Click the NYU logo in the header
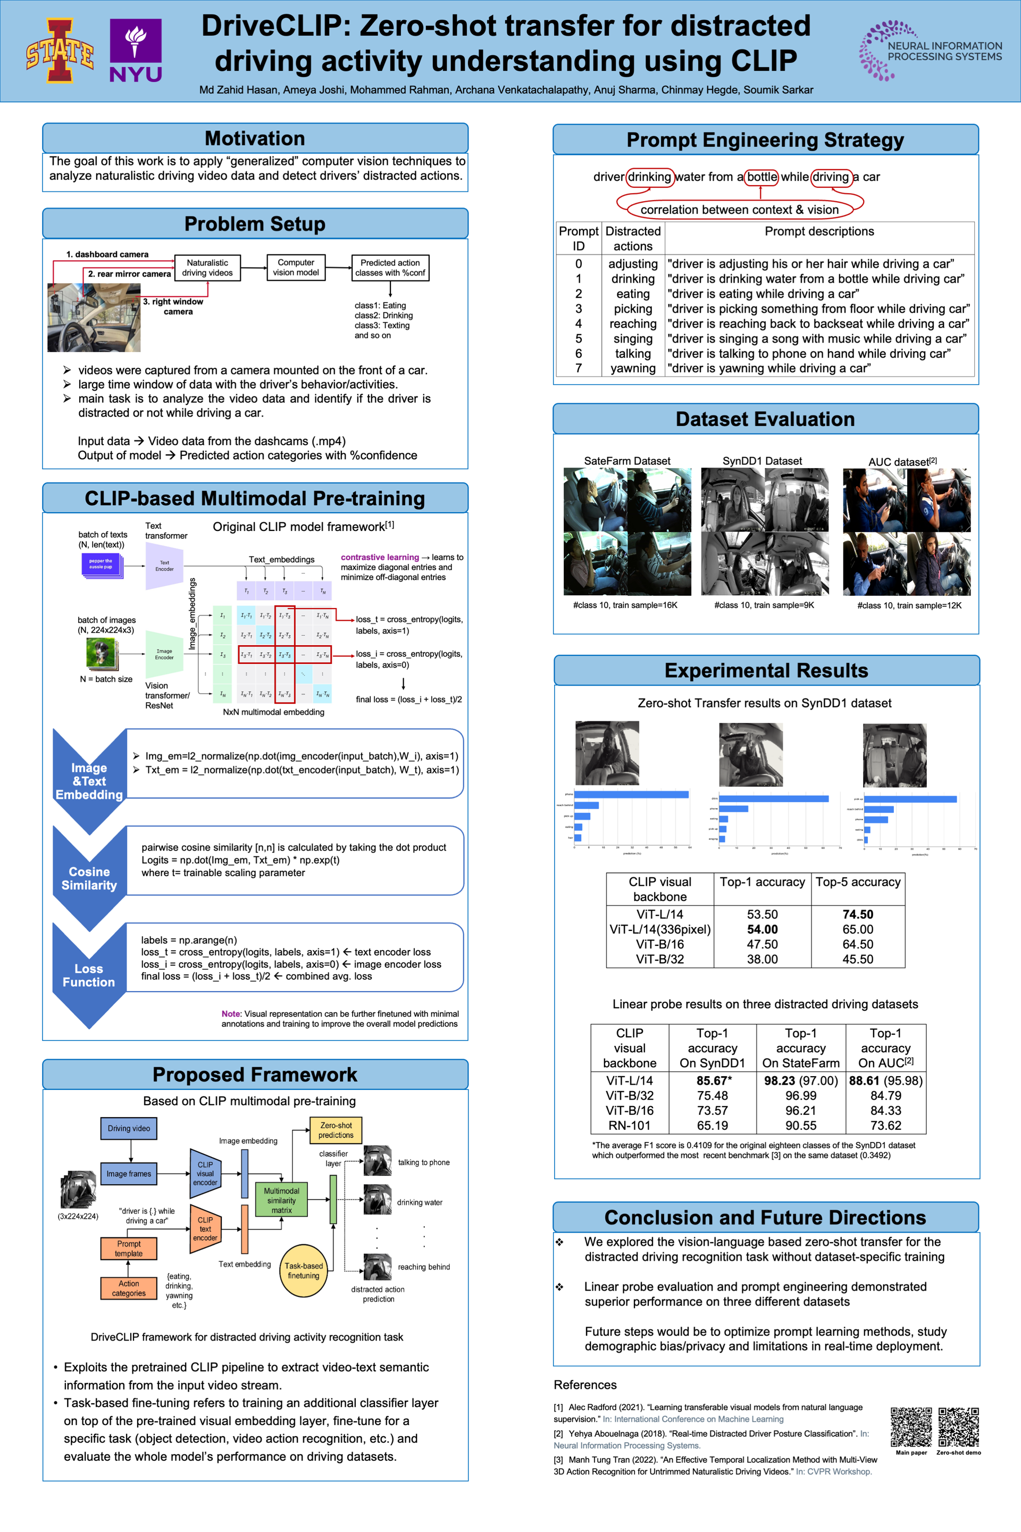point(136,50)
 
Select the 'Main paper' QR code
point(911,1427)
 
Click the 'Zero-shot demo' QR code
point(958,1427)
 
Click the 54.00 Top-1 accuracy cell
point(762,929)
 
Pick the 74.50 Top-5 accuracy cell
point(858,914)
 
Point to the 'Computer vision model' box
point(296,268)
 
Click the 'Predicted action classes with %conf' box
point(390,268)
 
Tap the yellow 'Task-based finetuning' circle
point(304,1270)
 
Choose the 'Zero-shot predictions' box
point(336,1130)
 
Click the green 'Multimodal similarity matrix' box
point(281,1200)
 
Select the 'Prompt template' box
point(128,1248)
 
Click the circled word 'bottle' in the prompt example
point(761,177)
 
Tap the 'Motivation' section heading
point(255,138)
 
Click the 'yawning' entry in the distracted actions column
point(632,369)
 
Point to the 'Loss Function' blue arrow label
point(89,975)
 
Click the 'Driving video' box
point(129,1128)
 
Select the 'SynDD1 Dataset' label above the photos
point(762,461)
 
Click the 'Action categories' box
point(128,1288)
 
